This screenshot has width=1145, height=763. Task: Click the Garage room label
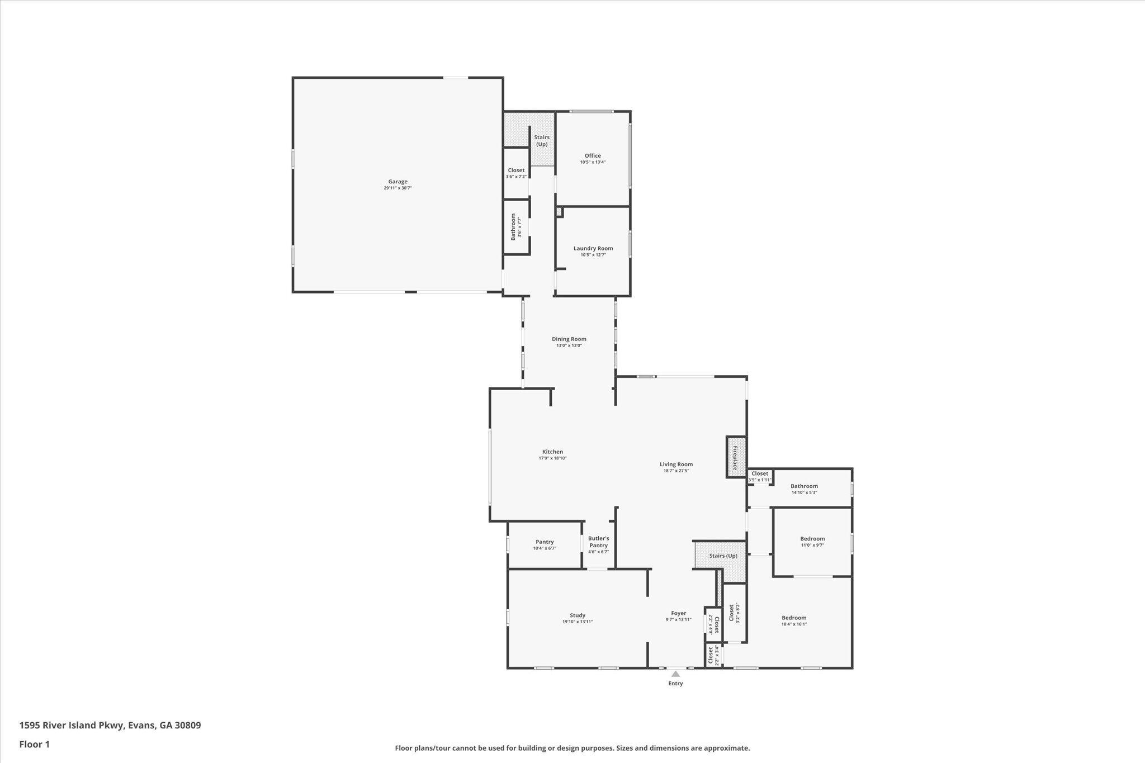tap(398, 182)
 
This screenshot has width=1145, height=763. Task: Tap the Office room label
tap(593, 156)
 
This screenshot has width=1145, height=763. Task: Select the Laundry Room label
tap(593, 248)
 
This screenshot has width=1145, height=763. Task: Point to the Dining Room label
tap(569, 339)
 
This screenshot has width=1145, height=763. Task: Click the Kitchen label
tap(552, 452)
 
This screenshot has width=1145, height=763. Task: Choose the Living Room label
tap(676, 464)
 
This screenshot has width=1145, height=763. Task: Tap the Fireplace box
tap(736, 457)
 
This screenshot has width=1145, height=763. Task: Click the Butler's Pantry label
tap(598, 542)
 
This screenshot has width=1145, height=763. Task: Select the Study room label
tap(578, 615)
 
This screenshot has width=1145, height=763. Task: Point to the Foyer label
tap(678, 613)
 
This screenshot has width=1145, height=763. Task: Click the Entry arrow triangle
tap(675, 674)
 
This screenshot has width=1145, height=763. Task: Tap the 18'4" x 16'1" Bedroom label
tap(794, 618)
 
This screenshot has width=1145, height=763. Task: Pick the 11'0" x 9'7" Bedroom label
tap(812, 539)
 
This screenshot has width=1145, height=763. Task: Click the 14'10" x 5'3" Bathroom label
tap(804, 486)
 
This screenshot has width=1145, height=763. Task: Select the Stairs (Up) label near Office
tap(541, 141)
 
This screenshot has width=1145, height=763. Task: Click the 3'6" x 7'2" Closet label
tap(516, 170)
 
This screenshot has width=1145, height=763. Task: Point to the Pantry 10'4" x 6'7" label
tap(545, 542)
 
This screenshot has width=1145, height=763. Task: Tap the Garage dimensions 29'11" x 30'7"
tap(398, 188)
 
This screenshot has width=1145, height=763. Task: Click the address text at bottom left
tap(110, 726)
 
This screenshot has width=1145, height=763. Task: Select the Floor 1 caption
tap(35, 744)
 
